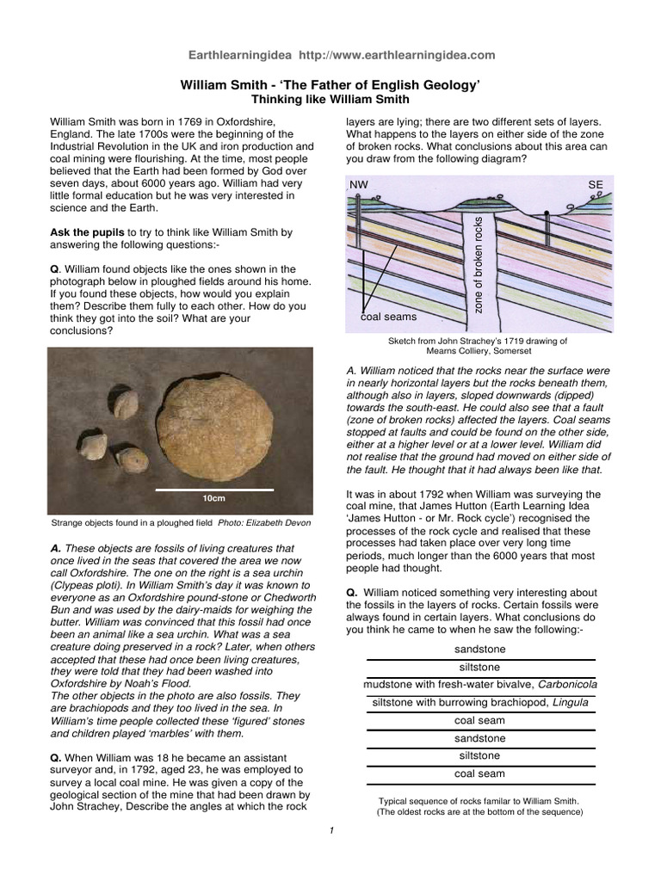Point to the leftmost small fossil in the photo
[93, 446]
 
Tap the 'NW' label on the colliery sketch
[358, 185]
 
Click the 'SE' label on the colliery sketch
[596, 185]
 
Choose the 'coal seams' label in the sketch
[388, 317]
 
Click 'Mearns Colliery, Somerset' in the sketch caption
[479, 352]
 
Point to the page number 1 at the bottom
[330, 829]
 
